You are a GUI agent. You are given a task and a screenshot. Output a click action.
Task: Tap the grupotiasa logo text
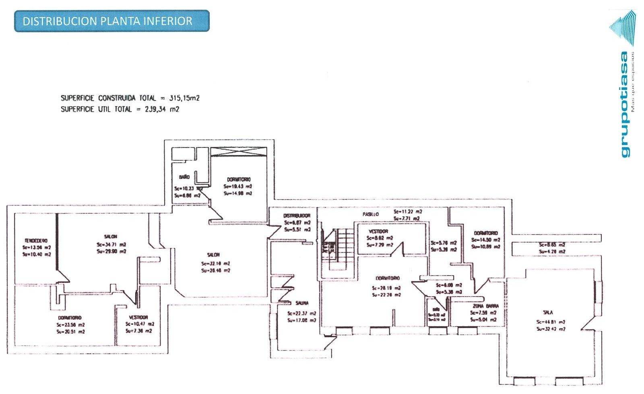click(624, 105)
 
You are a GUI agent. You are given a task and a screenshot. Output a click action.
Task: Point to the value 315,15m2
click(185, 98)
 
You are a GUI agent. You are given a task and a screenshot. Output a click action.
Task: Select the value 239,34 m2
click(162, 109)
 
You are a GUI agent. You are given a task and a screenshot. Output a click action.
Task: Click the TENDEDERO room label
click(36, 241)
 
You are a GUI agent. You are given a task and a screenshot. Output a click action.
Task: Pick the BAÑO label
click(184, 177)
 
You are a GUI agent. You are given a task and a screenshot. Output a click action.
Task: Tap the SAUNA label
click(302, 303)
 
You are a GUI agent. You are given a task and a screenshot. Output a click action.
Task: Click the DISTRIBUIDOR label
click(297, 216)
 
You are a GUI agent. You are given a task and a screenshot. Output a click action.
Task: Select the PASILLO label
click(371, 214)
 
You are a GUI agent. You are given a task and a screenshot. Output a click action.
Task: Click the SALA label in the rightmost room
click(548, 313)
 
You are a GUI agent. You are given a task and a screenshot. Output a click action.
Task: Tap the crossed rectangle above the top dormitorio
click(239, 152)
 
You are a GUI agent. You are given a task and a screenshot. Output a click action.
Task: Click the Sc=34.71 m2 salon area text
click(111, 245)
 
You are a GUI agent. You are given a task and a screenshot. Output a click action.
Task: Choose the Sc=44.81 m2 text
click(550, 322)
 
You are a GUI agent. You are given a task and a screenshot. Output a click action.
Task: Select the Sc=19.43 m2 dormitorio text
click(237, 187)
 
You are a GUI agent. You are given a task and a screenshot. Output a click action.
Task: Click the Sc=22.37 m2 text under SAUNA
click(301, 313)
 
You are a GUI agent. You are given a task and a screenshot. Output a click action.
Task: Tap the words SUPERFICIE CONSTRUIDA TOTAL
click(108, 98)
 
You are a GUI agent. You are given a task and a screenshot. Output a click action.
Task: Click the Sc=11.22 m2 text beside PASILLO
click(408, 212)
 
